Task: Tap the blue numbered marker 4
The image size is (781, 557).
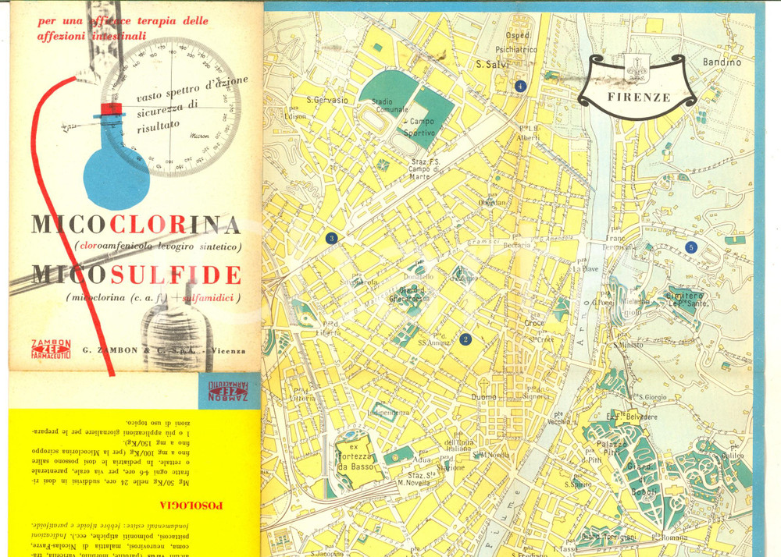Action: (520, 86)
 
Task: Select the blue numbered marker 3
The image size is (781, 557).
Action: (331, 238)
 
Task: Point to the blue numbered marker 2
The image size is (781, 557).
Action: (465, 339)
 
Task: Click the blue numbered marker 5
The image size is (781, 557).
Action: (690, 247)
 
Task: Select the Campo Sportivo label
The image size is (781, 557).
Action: (423, 127)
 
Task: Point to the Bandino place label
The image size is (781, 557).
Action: (721, 62)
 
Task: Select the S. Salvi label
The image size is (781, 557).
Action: (492, 66)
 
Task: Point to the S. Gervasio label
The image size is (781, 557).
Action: (326, 100)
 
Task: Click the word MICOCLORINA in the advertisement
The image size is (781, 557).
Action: (136, 225)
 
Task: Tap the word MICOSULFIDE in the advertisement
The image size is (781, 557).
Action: (136, 275)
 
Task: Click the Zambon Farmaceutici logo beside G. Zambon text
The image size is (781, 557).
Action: (50, 348)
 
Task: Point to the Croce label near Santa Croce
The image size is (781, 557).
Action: (534, 323)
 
